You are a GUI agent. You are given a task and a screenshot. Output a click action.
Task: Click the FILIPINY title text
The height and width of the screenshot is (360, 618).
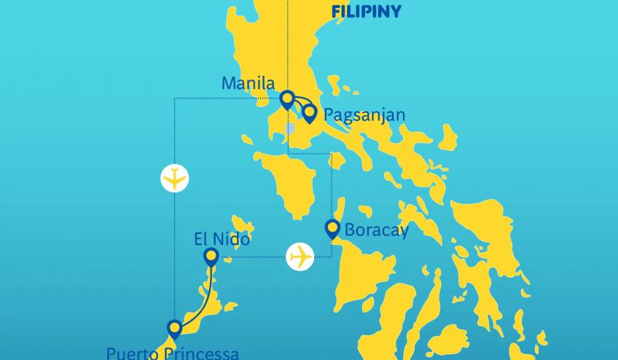click(x=366, y=12)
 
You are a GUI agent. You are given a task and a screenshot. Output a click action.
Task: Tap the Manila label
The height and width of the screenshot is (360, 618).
click(x=248, y=84)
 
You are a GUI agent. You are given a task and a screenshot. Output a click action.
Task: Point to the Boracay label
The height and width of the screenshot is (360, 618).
click(x=377, y=231)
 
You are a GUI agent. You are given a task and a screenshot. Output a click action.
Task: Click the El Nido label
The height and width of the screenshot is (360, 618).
click(x=222, y=238)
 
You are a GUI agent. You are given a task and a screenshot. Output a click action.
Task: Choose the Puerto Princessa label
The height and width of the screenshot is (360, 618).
click(x=172, y=353)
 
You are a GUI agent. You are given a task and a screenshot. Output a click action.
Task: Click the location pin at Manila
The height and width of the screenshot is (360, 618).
click(x=287, y=98)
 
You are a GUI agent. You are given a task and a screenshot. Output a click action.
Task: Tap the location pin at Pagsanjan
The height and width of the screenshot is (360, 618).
click(x=310, y=113)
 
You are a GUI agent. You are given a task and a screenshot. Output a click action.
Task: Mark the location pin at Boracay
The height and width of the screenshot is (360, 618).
click(x=332, y=229)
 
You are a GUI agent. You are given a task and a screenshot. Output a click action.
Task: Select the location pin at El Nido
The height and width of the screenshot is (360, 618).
click(x=211, y=256)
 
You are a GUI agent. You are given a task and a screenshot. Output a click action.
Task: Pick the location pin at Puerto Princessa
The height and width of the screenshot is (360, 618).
click(x=174, y=328)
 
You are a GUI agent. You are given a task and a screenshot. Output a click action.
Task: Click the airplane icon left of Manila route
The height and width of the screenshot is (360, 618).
click(x=175, y=178)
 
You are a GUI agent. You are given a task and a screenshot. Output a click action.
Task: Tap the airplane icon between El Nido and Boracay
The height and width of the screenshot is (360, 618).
click(x=300, y=257)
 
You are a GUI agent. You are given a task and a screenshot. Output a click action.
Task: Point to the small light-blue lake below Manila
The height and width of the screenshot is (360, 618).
click(x=290, y=129)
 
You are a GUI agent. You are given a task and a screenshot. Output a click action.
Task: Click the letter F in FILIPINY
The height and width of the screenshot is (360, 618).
click(x=336, y=12)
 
